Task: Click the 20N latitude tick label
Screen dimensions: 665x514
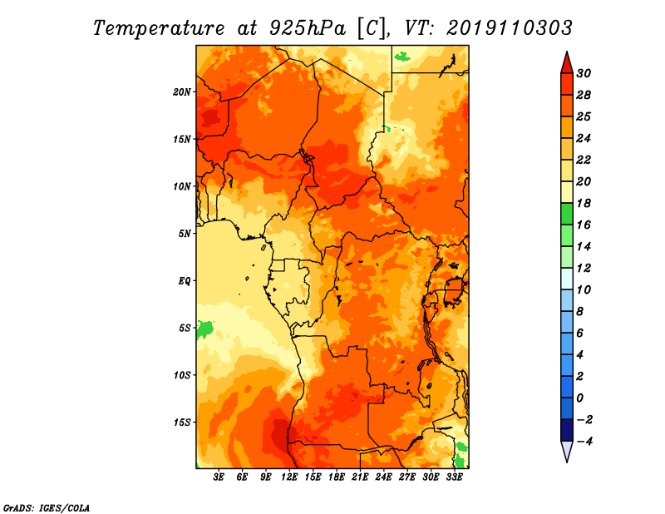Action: tap(182, 92)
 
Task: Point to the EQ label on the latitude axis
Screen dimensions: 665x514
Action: tap(184, 281)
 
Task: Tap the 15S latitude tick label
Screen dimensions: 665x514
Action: tap(182, 423)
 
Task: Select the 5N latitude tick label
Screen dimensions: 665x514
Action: tap(185, 234)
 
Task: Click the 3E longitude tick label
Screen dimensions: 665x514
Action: tap(219, 477)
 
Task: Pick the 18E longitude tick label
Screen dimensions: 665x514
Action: tap(337, 477)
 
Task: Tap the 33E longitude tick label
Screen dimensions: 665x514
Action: tap(454, 477)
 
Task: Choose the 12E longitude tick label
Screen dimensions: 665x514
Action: tap(289, 477)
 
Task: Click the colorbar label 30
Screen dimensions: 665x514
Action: tap(584, 73)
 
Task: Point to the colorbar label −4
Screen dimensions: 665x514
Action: tap(584, 442)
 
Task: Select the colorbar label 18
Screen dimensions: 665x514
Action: tap(584, 203)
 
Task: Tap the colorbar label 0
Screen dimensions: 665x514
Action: tap(579, 398)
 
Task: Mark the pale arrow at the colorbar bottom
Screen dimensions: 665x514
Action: tap(567, 450)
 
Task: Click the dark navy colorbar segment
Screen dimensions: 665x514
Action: tap(567, 430)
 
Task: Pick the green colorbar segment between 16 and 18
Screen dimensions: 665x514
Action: tap(567, 214)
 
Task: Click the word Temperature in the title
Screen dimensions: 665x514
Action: tap(159, 28)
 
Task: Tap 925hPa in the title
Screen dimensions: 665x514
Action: tap(308, 28)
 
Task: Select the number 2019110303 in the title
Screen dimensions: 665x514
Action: tap(510, 28)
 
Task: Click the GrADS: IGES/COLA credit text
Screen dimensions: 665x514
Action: tap(47, 507)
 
